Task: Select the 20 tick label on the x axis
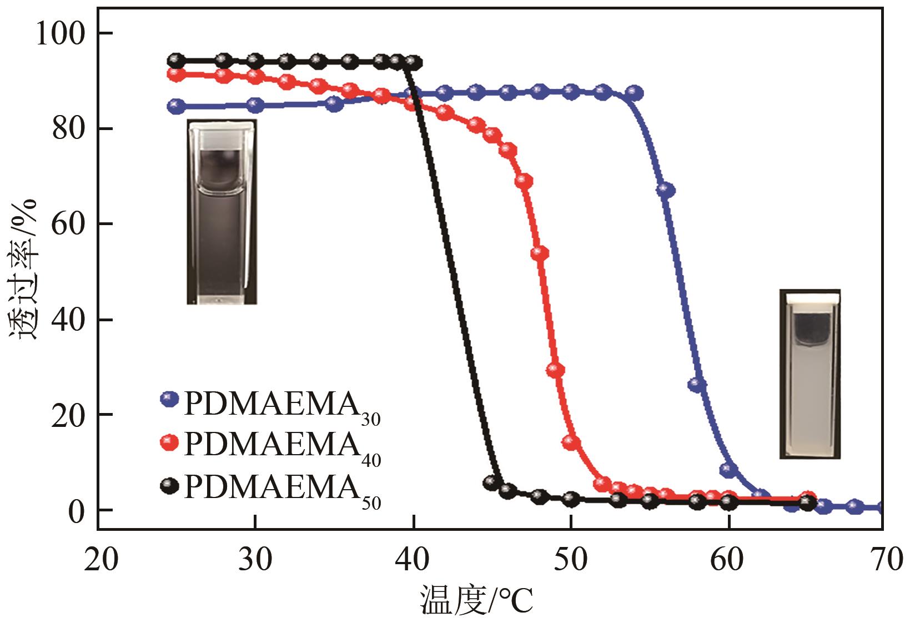tap(101, 560)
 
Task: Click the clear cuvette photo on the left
tap(222, 211)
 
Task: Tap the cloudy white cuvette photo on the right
tap(810, 374)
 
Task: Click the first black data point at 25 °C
tap(177, 60)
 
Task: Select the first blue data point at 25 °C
tap(177, 106)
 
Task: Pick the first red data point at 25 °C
tap(177, 74)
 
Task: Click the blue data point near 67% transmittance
tap(666, 190)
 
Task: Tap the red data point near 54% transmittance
tap(540, 253)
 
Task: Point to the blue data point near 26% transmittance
tap(697, 384)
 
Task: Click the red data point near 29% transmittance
tap(555, 370)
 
